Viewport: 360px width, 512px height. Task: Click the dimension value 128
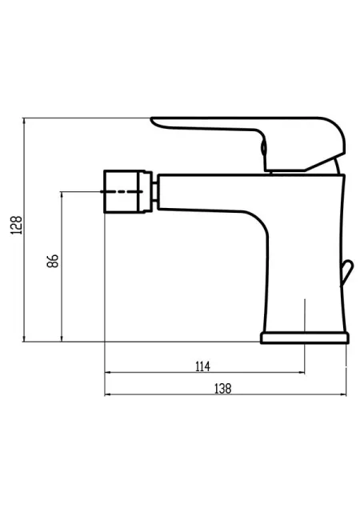(x=17, y=225)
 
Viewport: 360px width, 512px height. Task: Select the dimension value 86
(x=53, y=261)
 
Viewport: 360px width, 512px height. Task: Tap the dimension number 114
(x=202, y=366)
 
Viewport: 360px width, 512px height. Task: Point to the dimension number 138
(x=222, y=389)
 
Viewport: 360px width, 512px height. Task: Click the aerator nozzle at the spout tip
(x=124, y=191)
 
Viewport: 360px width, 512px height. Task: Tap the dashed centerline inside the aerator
(x=122, y=192)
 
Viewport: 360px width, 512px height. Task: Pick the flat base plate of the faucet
(x=305, y=338)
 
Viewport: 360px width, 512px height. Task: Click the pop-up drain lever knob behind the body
(x=347, y=273)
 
